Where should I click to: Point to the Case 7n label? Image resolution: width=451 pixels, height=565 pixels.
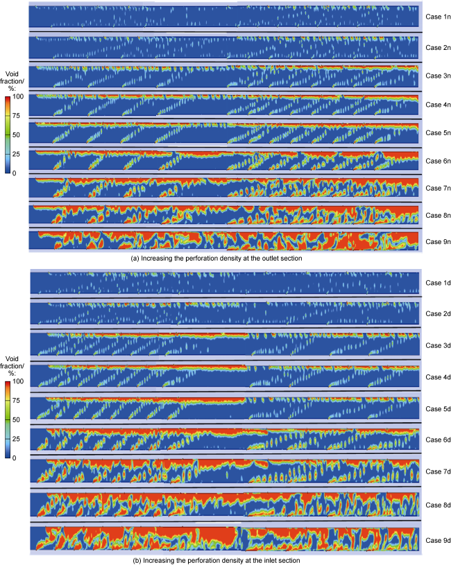(437, 188)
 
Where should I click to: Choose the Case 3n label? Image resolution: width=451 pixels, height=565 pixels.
(437, 74)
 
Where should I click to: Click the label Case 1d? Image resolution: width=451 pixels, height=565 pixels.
(437, 283)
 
